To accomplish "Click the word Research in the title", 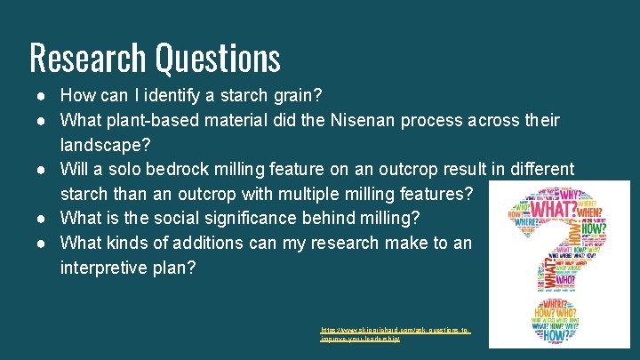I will click(x=88, y=58).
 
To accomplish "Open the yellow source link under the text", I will click(x=395, y=335).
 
